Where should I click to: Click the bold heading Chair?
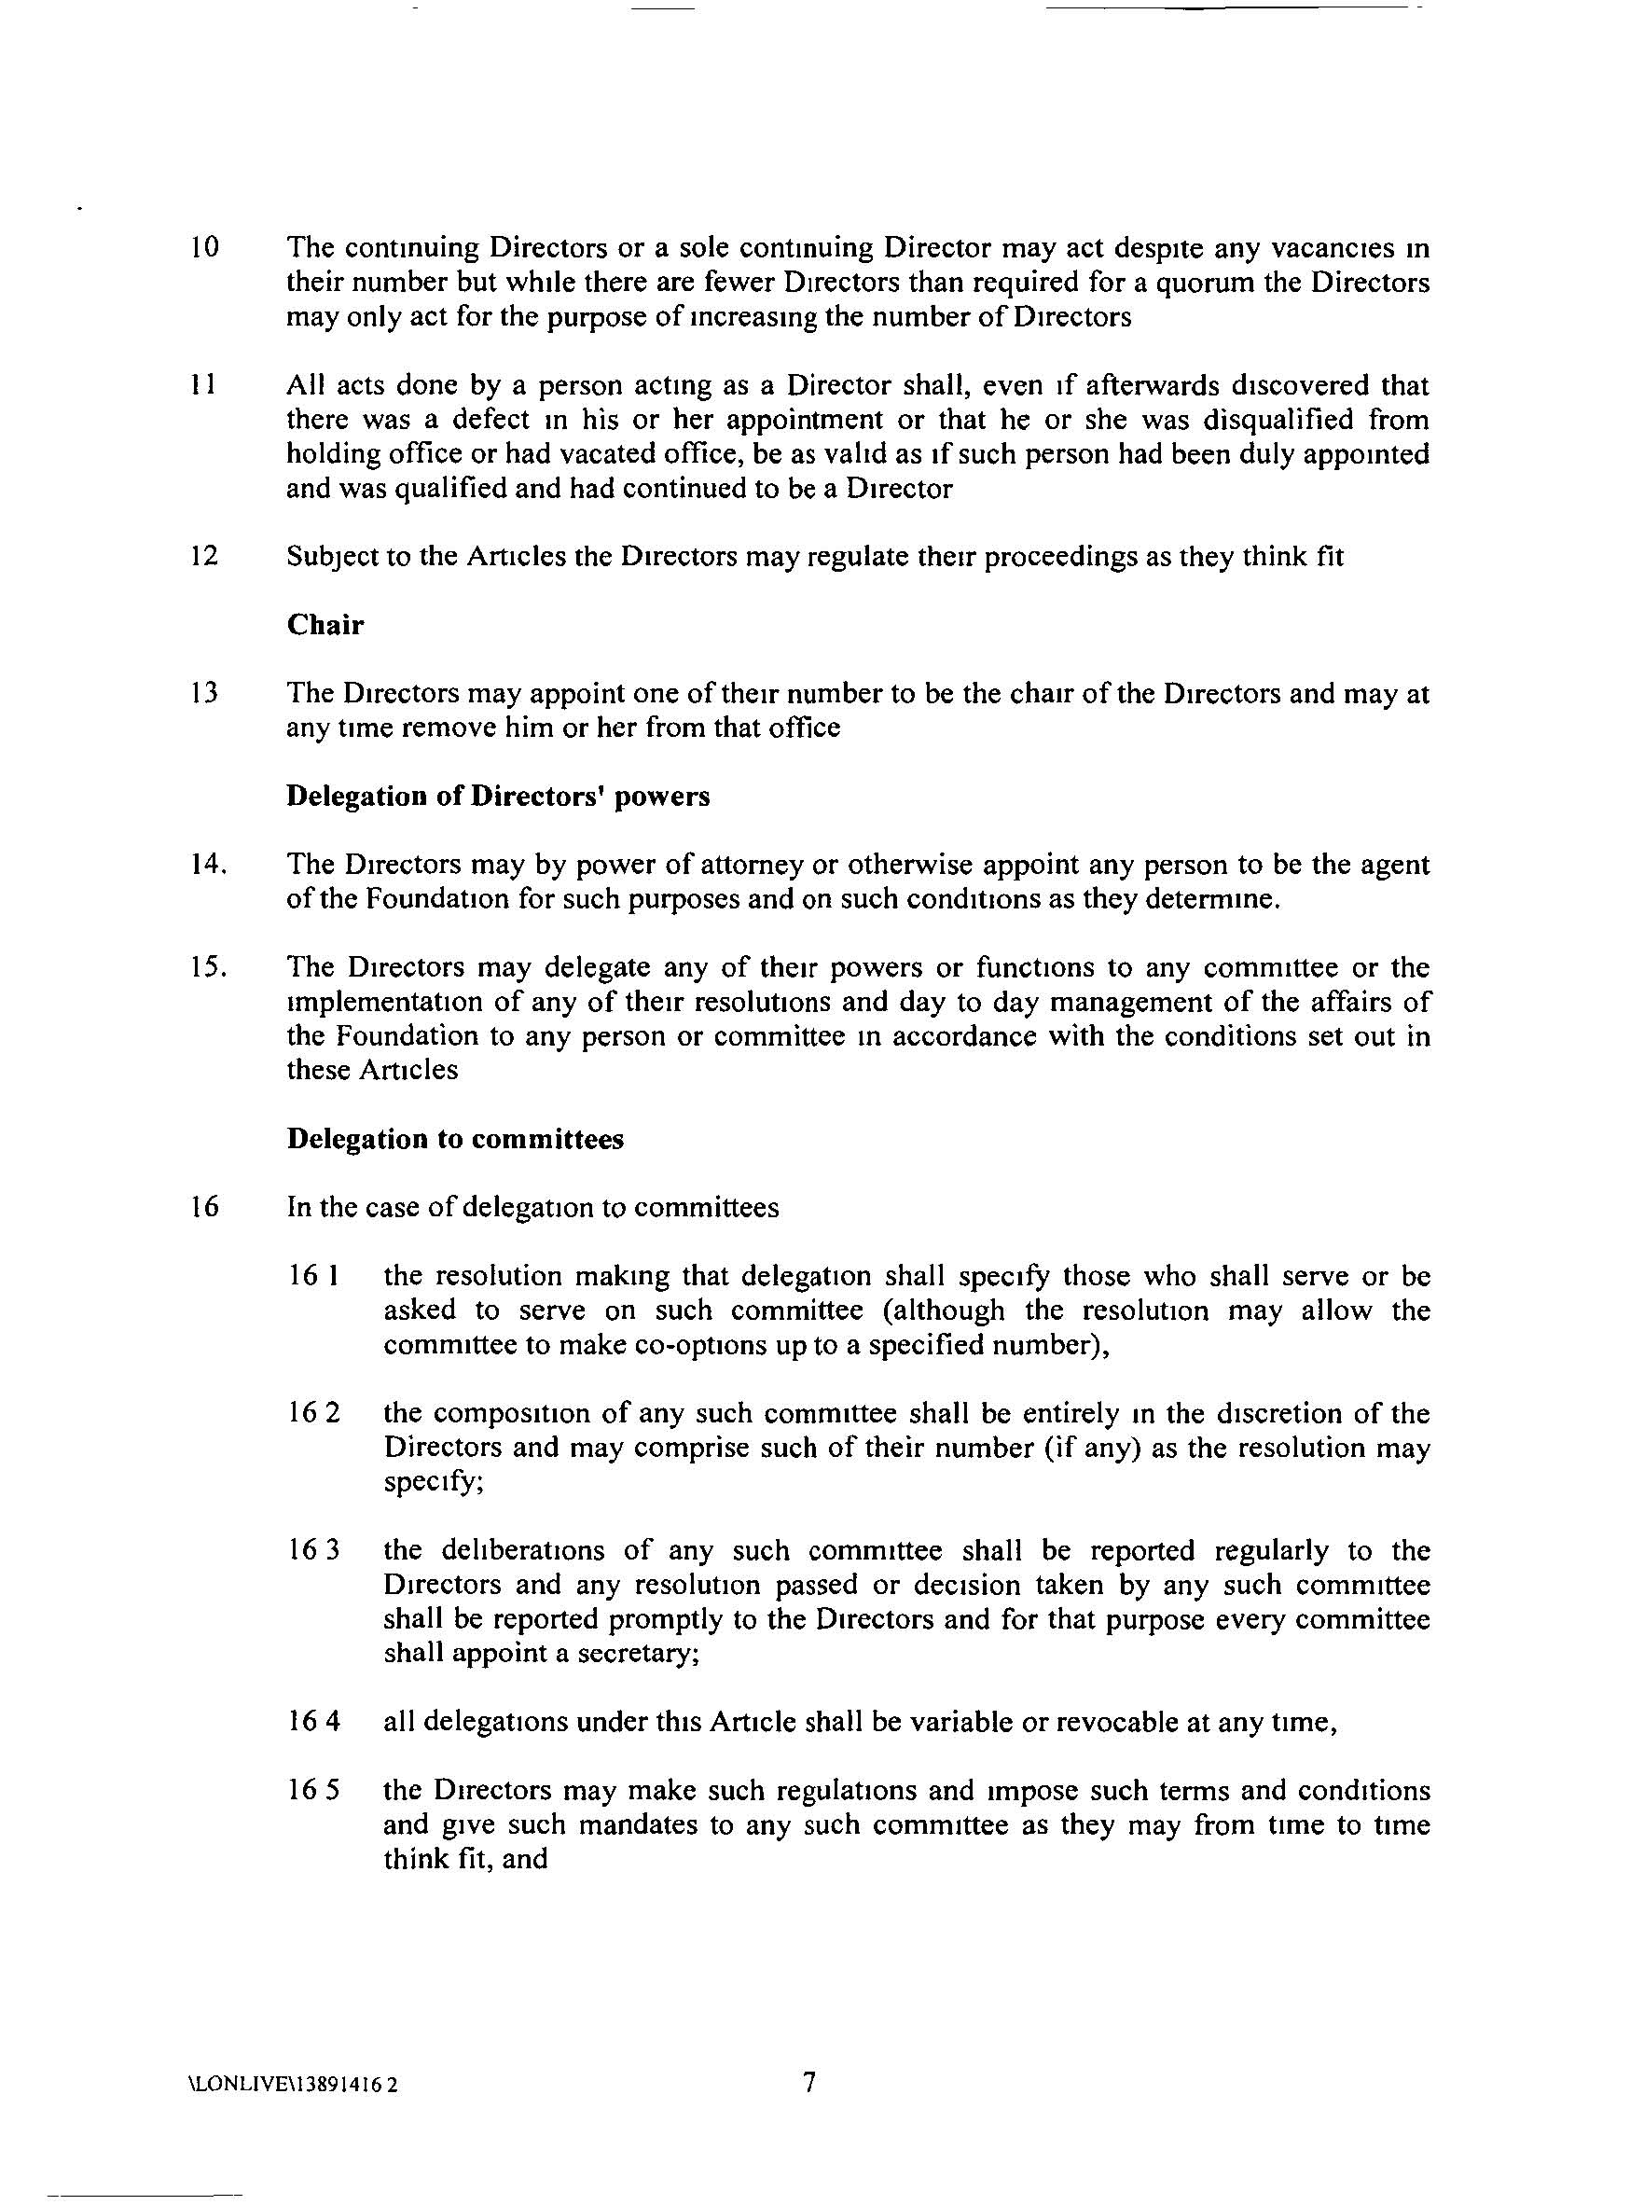[325, 625]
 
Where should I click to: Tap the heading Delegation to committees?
[455, 1139]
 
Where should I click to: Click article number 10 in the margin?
[204, 248]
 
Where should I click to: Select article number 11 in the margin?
[202, 385]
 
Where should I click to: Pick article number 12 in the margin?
[203, 557]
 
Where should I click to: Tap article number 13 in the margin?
[203, 693]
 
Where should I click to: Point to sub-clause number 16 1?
[313, 1276]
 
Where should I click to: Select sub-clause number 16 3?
[313, 1550]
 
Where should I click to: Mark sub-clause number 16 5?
[313, 1791]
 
